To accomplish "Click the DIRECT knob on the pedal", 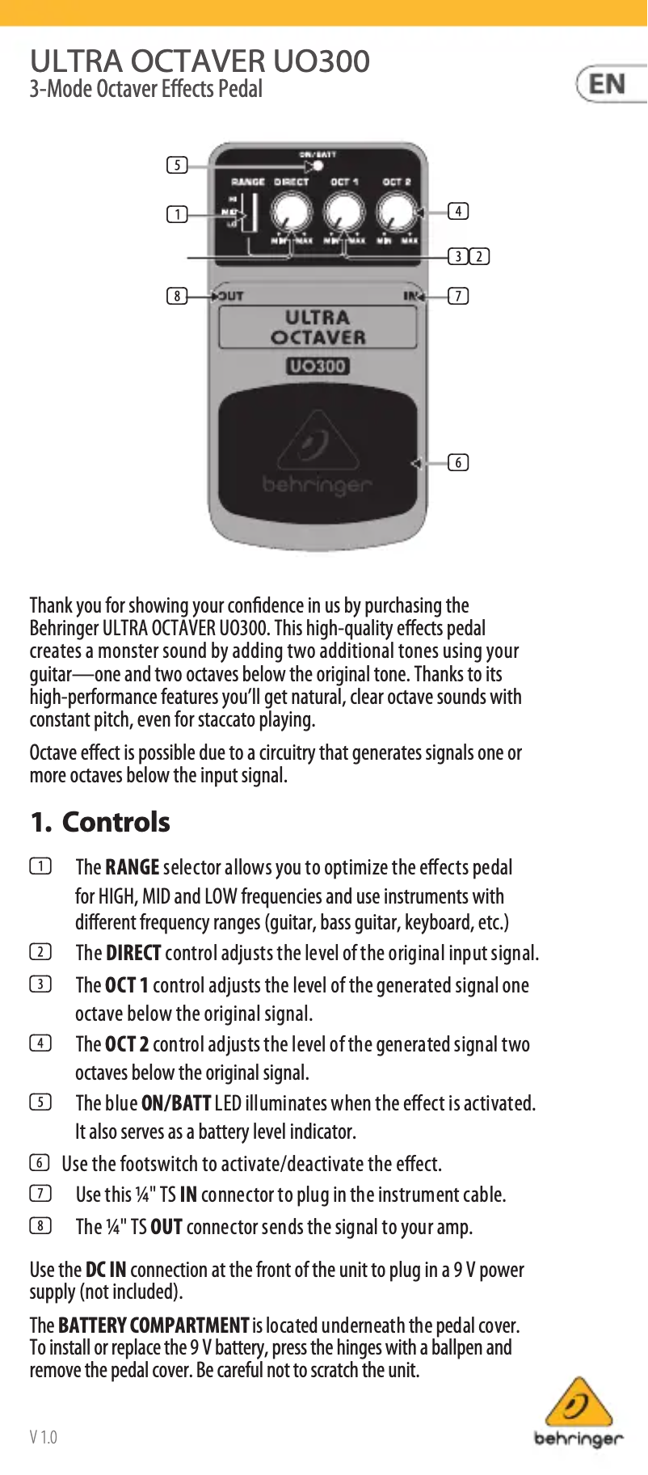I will (291, 213).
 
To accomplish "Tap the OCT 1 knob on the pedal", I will (343, 213).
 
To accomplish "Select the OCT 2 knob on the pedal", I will (397, 213).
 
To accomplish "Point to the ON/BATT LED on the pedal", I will (318, 166).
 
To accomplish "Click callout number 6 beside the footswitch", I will (458, 462).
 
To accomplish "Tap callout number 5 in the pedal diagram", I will (177, 166).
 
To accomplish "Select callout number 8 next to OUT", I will (177, 296).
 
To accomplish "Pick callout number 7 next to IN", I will (458, 296).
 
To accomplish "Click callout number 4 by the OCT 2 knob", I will (458, 211).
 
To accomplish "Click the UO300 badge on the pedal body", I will (318, 366).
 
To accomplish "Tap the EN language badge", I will (608, 84).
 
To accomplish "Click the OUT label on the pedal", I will (230, 296).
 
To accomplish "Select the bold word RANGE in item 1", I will (132, 867).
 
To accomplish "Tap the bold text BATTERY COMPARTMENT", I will (154, 1325).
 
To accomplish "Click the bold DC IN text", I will (106, 1270).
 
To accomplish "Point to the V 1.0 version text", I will (44, 1437).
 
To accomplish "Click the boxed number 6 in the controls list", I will (40, 1163).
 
